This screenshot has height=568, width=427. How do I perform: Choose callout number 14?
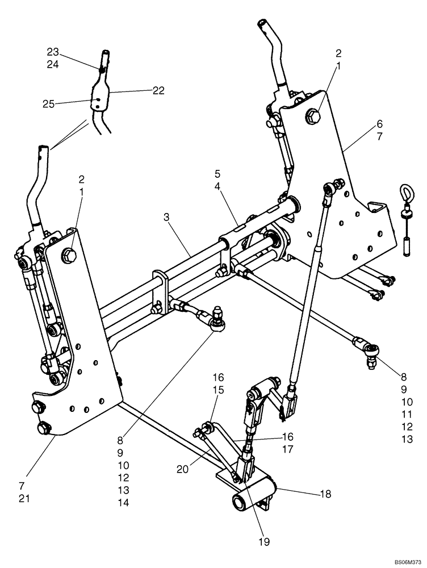[x=124, y=502]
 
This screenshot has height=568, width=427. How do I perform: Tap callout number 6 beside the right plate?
[x=379, y=124]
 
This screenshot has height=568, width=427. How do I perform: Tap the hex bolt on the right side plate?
[x=313, y=117]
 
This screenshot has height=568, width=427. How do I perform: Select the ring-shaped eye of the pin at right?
[x=406, y=193]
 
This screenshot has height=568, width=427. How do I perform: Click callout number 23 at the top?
[x=52, y=51]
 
